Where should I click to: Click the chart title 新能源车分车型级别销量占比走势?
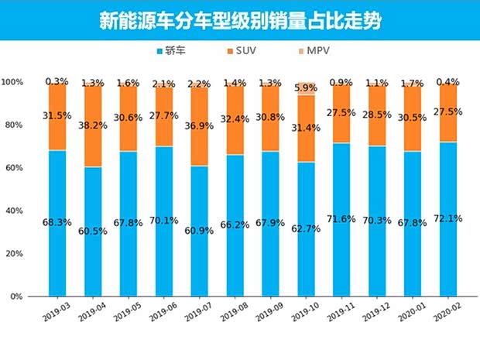tap(239, 20)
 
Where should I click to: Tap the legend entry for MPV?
tap(319, 51)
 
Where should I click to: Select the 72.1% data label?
tap(447, 218)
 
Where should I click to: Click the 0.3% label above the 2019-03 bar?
tap(57, 81)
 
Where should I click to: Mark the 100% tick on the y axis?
tap(12, 82)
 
